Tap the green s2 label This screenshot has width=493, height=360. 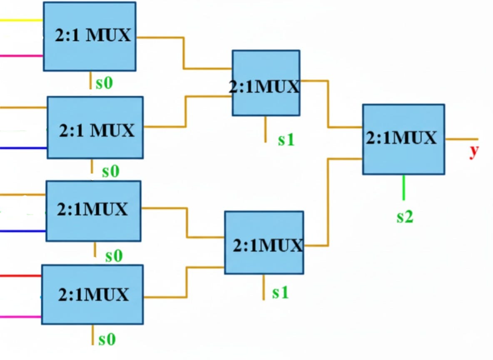coord(404,217)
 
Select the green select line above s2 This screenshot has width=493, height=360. coord(403,187)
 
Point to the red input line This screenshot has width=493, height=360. coord(21,276)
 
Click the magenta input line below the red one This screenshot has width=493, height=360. coord(21,317)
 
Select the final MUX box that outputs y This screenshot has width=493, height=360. coord(403,139)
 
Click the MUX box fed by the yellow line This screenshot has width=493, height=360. coord(90,36)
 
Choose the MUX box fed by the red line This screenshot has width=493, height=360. coord(92,294)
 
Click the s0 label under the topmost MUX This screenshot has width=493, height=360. coord(104,83)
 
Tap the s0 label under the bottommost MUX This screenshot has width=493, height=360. coord(107,340)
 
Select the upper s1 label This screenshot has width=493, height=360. coord(286,140)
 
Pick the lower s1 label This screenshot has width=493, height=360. coord(280,293)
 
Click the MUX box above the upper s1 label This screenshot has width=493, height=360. coord(266,83)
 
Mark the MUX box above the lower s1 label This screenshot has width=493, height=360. coord(264,242)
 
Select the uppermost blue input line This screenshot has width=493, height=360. coord(23,148)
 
